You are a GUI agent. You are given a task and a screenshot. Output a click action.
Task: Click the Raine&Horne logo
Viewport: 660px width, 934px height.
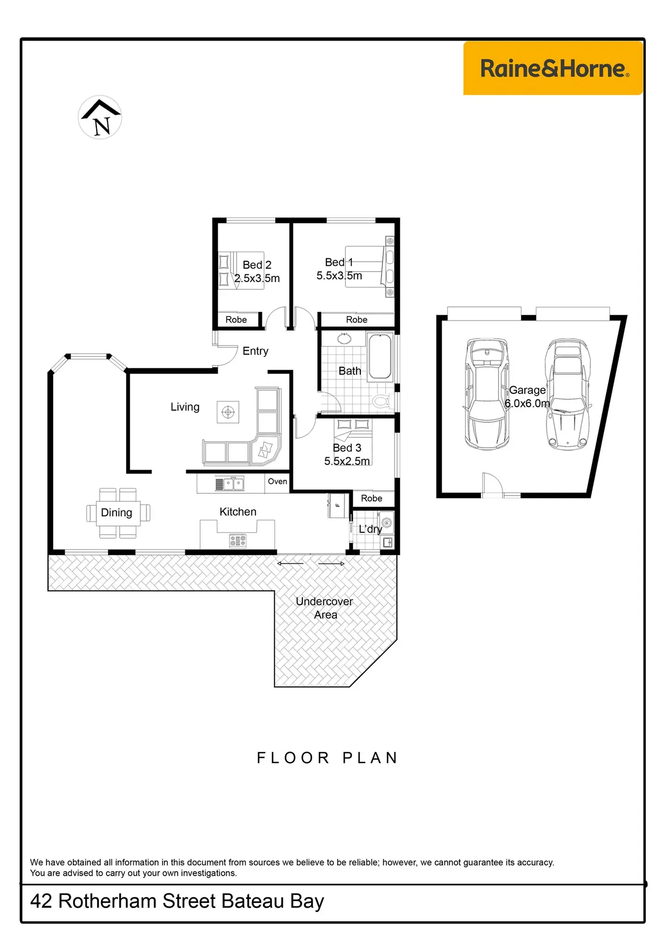coord(553,68)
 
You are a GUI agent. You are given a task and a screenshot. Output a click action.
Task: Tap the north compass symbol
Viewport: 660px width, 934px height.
coord(100,117)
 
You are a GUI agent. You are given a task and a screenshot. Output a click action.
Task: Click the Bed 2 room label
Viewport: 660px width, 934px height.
coord(257,265)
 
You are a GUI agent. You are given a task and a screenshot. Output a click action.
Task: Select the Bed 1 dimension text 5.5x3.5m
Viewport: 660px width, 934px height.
coord(339,276)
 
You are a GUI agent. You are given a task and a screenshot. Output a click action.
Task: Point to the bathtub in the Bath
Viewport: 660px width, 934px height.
coord(380,357)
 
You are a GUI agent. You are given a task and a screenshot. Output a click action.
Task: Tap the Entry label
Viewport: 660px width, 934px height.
coord(255,351)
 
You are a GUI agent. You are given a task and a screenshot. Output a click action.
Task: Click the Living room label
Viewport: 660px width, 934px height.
coord(185,407)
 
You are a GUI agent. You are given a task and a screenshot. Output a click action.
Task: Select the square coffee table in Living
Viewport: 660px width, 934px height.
coord(228,413)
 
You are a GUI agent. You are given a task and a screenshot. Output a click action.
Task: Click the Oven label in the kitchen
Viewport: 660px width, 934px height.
coord(277,481)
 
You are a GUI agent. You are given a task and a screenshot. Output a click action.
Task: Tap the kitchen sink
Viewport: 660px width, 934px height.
coord(230,484)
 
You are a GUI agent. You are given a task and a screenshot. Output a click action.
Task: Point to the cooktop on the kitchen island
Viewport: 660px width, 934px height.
coord(238,540)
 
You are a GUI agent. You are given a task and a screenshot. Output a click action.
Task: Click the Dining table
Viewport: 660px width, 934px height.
coord(118,513)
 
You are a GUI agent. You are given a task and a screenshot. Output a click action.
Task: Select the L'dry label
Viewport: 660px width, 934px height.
coord(370,529)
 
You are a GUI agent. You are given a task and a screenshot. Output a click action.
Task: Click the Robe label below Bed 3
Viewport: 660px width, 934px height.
coord(372,498)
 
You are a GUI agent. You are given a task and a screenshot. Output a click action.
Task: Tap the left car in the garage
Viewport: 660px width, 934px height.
coord(487,394)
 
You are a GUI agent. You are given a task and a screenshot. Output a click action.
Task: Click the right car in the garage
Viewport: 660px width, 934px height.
coord(568,394)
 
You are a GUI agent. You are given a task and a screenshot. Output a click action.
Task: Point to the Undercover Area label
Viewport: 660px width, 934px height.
coord(325,608)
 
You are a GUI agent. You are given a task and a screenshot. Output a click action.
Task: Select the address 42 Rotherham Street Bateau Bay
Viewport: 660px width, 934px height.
coord(177,901)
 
